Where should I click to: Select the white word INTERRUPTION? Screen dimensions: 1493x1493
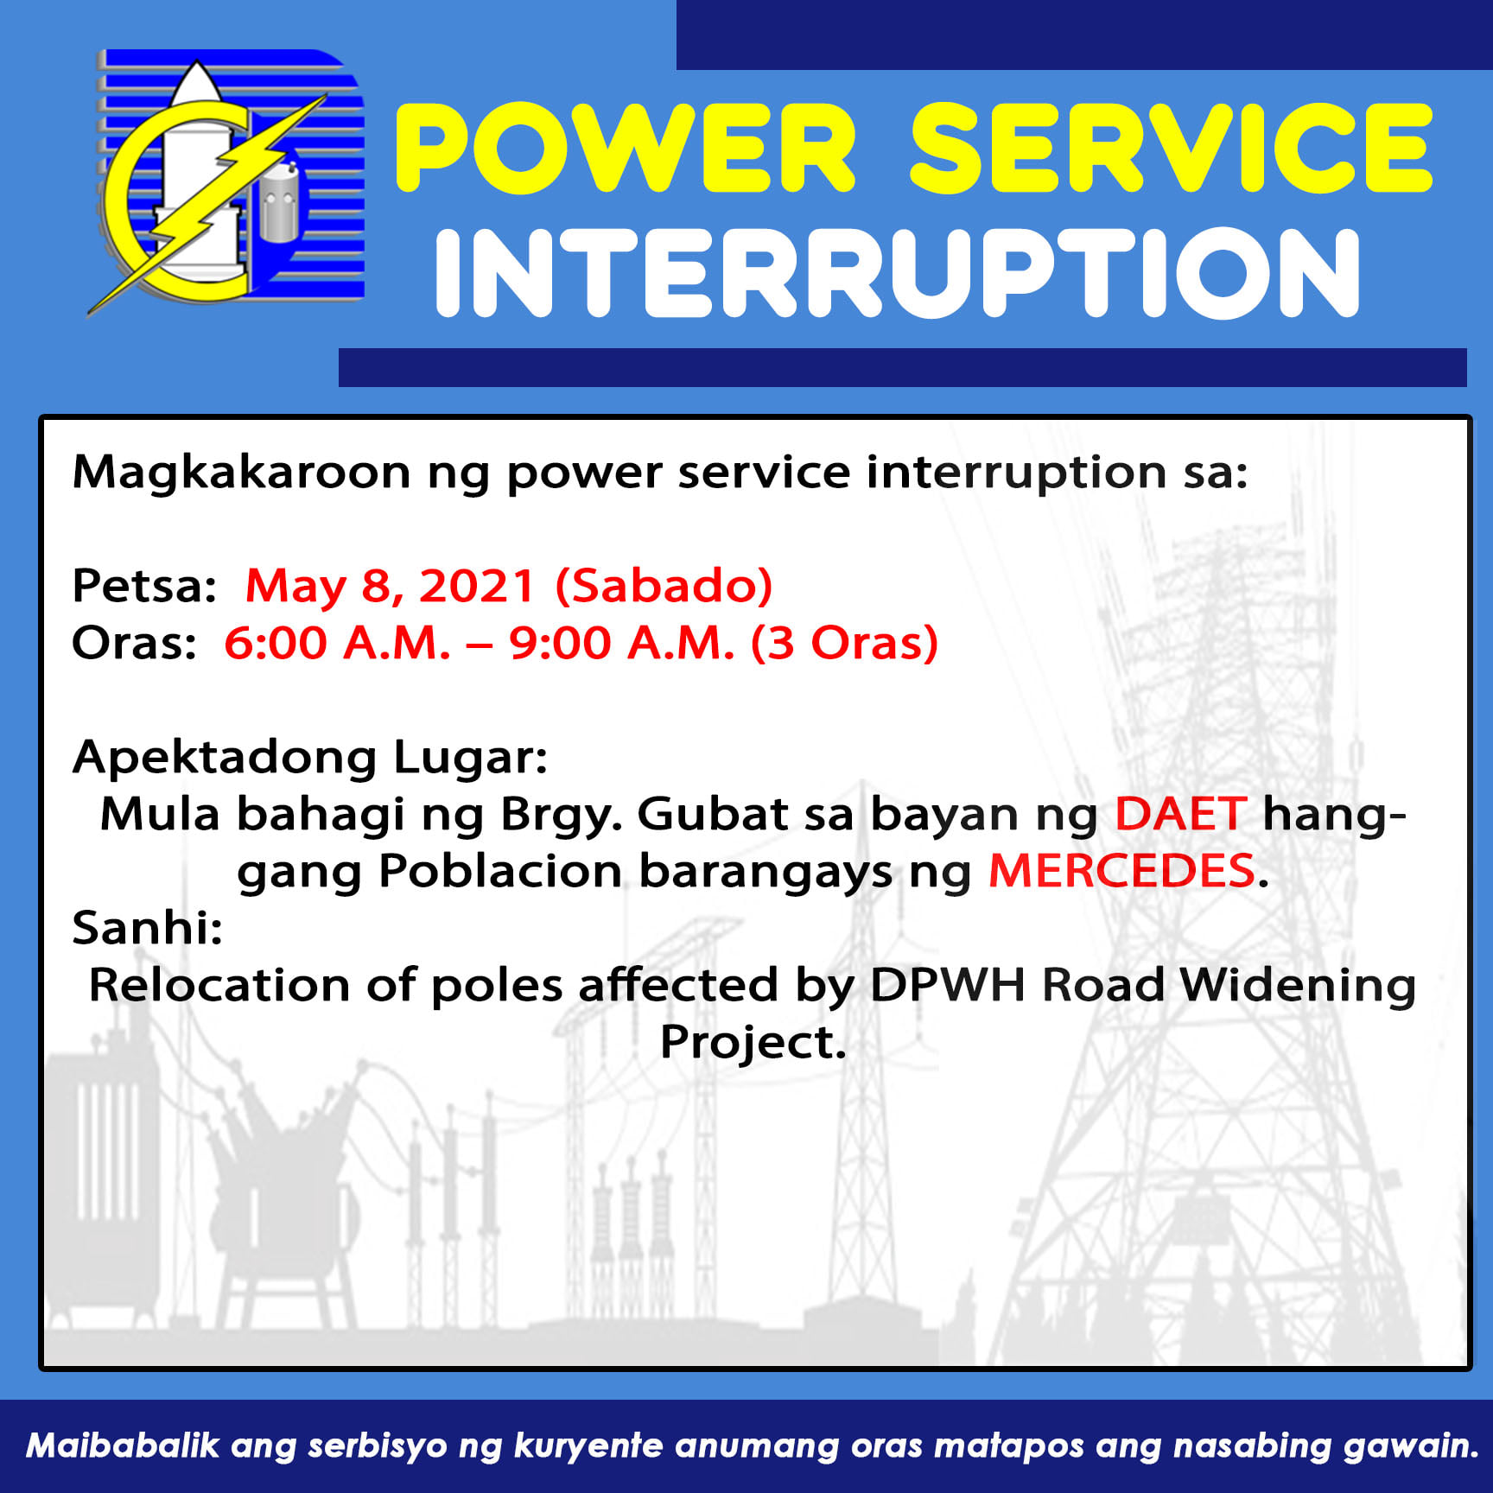tap(899, 273)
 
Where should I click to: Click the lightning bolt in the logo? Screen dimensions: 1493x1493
tap(207, 203)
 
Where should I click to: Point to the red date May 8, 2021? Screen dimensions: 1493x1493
tap(391, 587)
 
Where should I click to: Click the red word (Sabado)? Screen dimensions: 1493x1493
tap(664, 587)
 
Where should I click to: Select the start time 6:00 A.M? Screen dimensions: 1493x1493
tap(337, 644)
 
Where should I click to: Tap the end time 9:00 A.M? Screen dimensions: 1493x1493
tap(621, 644)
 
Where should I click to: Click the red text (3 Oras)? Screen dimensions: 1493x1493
tap(844, 644)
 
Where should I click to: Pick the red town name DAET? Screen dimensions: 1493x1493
tap(1180, 814)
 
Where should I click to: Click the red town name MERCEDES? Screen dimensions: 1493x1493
tap(1121, 871)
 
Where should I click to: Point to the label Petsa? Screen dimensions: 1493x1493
tap(144, 587)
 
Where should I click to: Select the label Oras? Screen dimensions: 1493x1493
tap(135, 644)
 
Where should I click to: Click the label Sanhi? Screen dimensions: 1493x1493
tap(148, 928)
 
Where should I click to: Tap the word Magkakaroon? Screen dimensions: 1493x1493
tap(241, 473)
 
